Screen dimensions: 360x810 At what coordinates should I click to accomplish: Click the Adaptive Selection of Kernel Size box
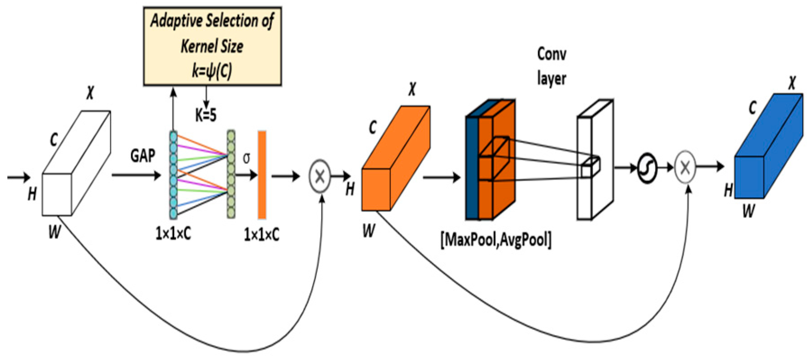pyautogui.click(x=212, y=46)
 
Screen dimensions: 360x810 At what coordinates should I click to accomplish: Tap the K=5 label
pyautogui.click(x=205, y=115)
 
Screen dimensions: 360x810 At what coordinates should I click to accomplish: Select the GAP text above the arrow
pyautogui.click(x=143, y=156)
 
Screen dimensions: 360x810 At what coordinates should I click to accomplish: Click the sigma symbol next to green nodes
pyautogui.click(x=246, y=158)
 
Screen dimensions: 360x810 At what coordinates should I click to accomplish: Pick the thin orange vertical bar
pyautogui.click(x=262, y=175)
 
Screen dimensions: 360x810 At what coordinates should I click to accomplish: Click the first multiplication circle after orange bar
pyautogui.click(x=320, y=176)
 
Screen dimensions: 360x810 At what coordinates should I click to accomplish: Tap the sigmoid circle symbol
pyautogui.click(x=647, y=168)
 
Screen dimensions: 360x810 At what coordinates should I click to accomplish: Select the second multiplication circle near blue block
pyautogui.click(x=685, y=168)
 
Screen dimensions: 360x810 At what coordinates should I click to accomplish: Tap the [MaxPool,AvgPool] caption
pyautogui.click(x=495, y=240)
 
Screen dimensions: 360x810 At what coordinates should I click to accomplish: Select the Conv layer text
pyautogui.click(x=551, y=66)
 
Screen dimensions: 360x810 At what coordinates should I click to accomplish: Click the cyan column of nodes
pyautogui.click(x=173, y=175)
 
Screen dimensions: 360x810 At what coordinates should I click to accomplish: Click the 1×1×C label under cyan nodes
pyautogui.click(x=173, y=234)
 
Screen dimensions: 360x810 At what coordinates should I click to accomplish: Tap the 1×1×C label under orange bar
pyautogui.click(x=261, y=235)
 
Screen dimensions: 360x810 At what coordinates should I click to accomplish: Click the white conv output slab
pyautogui.click(x=594, y=160)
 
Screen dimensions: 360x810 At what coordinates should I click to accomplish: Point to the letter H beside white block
pyautogui.click(x=32, y=194)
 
